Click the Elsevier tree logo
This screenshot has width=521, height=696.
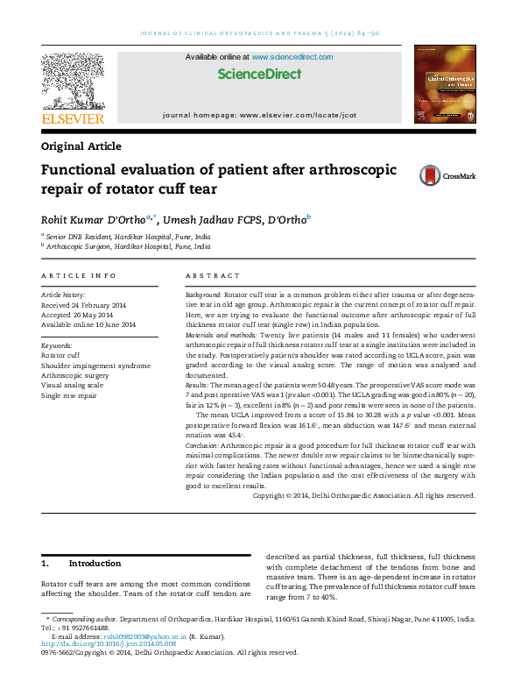73,81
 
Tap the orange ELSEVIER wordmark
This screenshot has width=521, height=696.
73,118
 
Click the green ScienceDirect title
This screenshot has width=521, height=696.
258,74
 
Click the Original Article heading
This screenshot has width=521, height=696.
81,146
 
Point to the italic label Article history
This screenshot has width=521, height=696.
63,295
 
